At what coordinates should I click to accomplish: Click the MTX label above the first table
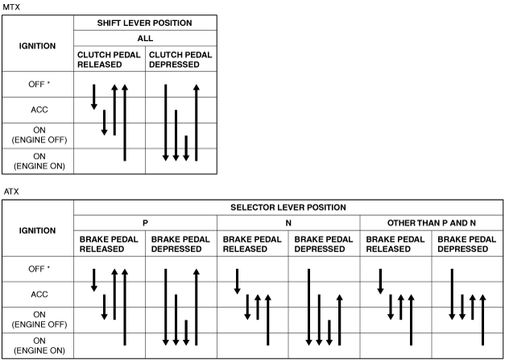coord(11,6)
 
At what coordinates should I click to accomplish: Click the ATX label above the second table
coord(11,192)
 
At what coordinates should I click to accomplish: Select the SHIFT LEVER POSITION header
coord(145,23)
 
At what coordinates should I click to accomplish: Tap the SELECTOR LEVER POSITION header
coord(288,207)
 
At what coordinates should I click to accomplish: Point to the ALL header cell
coord(145,39)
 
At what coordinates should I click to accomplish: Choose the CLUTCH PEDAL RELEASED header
coord(109,60)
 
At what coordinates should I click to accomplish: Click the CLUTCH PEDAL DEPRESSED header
coord(180,60)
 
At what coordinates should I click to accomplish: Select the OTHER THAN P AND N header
coord(432,223)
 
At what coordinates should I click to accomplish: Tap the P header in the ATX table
coord(145,223)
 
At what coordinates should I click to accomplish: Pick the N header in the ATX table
coord(288,223)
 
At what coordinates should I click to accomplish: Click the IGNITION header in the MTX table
coord(37,46)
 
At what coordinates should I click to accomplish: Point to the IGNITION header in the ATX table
coord(37,230)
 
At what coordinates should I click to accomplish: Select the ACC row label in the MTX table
coord(39,110)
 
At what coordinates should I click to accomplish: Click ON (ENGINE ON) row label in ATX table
coord(39,346)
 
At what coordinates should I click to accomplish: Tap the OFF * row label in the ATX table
coord(39,269)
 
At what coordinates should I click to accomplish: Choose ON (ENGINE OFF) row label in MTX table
coord(39,135)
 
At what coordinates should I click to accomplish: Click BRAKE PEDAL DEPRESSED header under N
coord(323,244)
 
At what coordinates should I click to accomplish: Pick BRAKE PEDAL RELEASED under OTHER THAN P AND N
coord(395,244)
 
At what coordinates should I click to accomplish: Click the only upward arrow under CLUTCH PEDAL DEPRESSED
coord(197,122)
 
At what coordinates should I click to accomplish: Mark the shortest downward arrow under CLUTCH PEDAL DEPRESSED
coord(186,148)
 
